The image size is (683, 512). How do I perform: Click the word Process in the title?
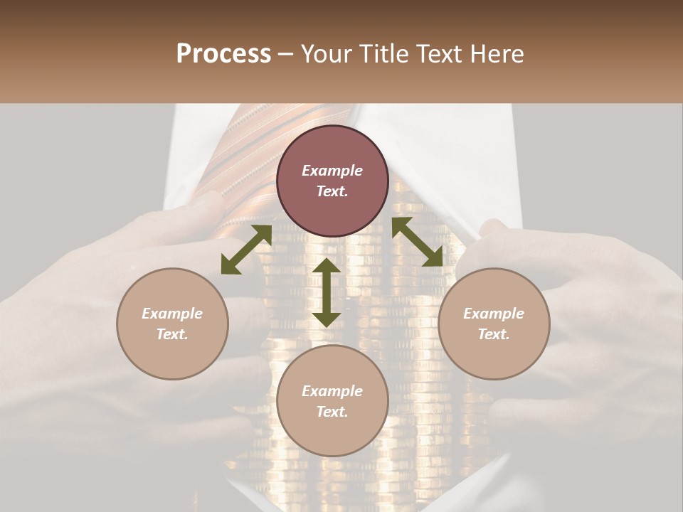223,54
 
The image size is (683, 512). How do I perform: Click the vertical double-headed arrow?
327,292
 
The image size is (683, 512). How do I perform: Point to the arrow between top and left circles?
246,250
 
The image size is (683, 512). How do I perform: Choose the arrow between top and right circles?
417,242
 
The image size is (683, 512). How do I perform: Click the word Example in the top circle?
332,171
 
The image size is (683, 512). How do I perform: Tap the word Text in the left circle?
172,334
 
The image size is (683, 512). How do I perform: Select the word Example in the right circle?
494,314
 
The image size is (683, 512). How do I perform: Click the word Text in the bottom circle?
332,412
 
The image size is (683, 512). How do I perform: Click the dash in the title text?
286,55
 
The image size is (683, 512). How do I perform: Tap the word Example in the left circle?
172,314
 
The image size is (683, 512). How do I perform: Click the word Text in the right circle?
494,334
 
